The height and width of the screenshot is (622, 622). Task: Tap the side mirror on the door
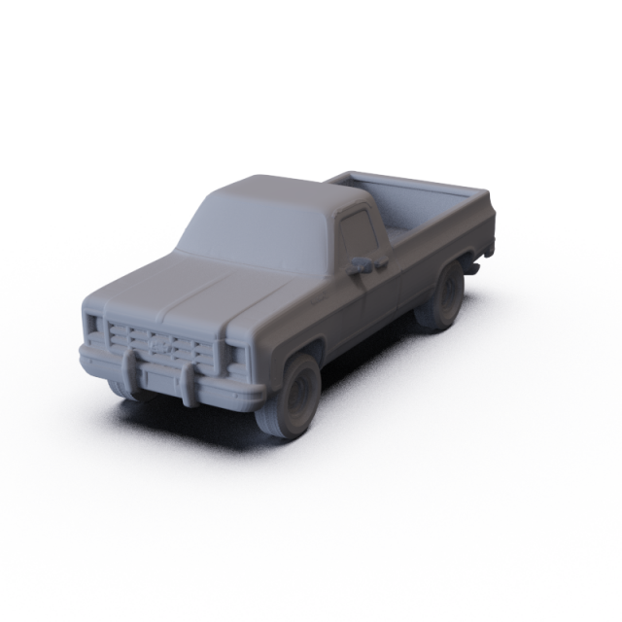[x=363, y=262]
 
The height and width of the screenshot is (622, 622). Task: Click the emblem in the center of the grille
[x=160, y=343]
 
